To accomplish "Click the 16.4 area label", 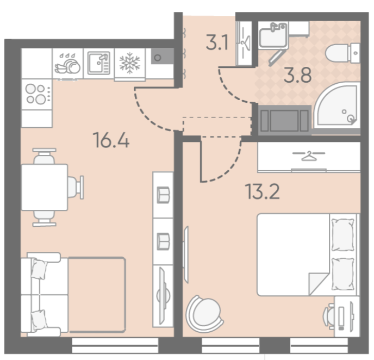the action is coord(111,140).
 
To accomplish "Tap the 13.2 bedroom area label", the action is coord(262,191).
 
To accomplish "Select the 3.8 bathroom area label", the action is coord(298,75).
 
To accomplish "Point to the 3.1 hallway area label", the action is coord(217,42).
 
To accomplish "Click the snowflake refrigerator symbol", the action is coord(130,63).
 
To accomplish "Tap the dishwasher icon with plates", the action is coord(67,64).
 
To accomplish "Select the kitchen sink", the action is coord(99,63).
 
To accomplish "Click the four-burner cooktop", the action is coord(37,95).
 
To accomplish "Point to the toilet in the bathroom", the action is coord(342,53).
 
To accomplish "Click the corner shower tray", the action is coord(337,105).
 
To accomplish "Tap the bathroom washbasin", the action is coord(273,35).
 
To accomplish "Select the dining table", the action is coord(45,187).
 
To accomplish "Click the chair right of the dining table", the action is coord(76,187).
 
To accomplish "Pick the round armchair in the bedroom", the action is coord(204,314).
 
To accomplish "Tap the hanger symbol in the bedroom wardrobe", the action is coord(309,156).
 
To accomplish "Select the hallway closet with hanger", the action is coord(244,43).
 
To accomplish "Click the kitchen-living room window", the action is coord(115,345).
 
